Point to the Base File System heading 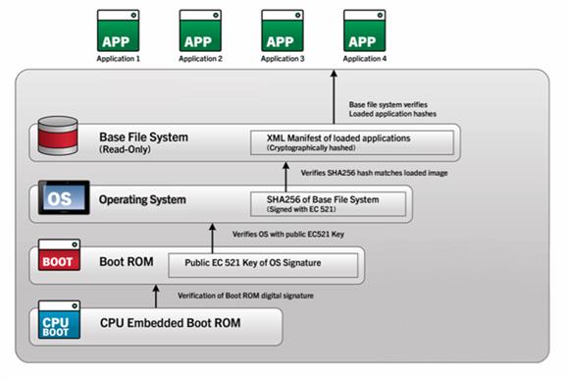pyautogui.click(x=144, y=137)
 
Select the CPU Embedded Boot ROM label pyautogui.click(x=171, y=322)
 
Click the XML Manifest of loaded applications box pyautogui.click(x=352, y=143)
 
